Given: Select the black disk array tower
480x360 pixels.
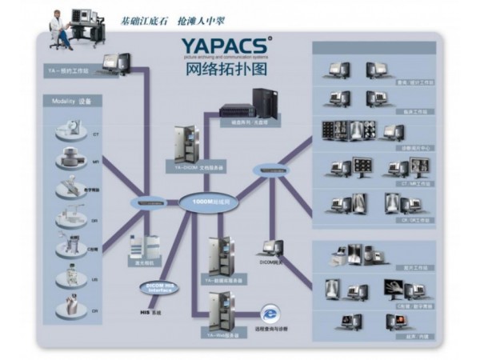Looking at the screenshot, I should tap(264, 103).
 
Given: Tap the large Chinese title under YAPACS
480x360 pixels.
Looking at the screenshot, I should tap(225, 70).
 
